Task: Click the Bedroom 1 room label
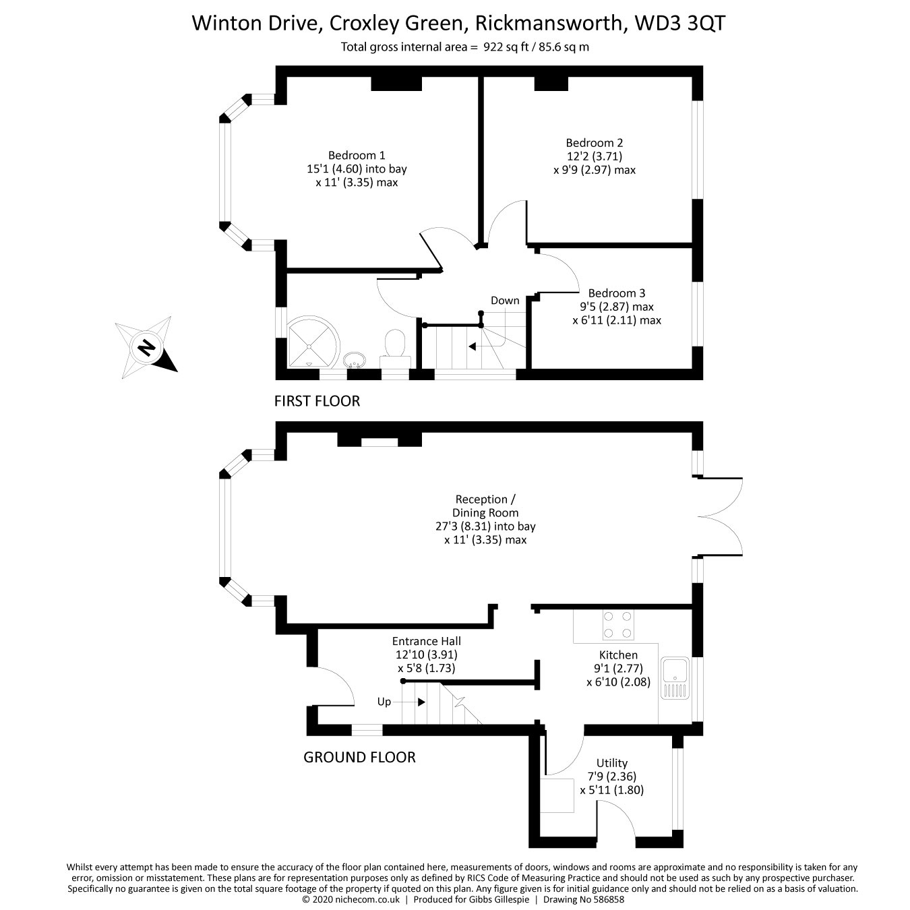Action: point(357,156)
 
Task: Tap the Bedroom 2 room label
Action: point(594,143)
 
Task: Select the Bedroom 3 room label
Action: point(616,293)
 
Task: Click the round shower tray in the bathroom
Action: point(312,342)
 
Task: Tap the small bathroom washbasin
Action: point(354,359)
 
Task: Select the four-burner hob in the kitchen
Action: point(617,625)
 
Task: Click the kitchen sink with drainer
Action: point(674,677)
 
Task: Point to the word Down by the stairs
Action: point(505,301)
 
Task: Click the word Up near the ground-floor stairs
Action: point(384,702)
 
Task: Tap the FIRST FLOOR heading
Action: point(317,401)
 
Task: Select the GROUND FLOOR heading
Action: point(359,757)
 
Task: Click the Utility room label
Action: point(612,763)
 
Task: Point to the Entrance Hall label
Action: point(427,641)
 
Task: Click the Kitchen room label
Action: point(618,655)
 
